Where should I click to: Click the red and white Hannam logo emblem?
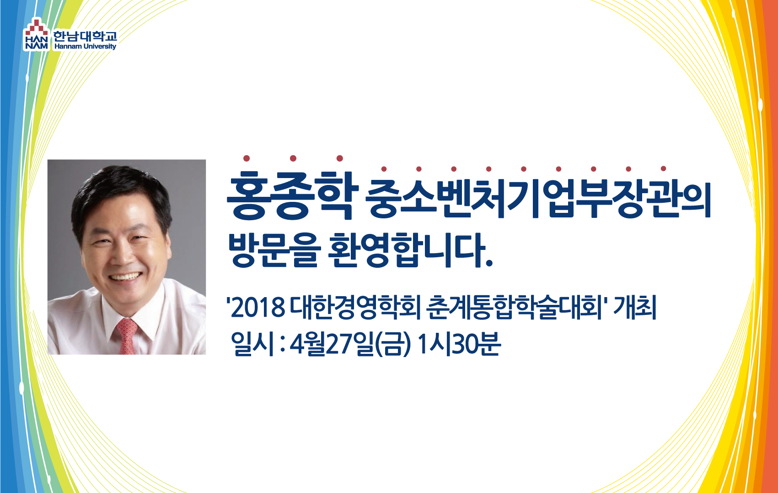pyautogui.click(x=36, y=34)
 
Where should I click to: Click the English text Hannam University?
pyautogui.click(x=85, y=46)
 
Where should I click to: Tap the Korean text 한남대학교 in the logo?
pyautogui.click(x=85, y=36)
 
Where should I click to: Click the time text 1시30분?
pyautogui.click(x=459, y=344)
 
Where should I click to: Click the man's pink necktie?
pyautogui.click(x=127, y=336)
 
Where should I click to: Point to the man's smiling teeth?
pyautogui.click(x=125, y=277)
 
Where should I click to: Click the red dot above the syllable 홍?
pyautogui.click(x=247, y=158)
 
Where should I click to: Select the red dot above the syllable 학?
pyautogui.click(x=340, y=158)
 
